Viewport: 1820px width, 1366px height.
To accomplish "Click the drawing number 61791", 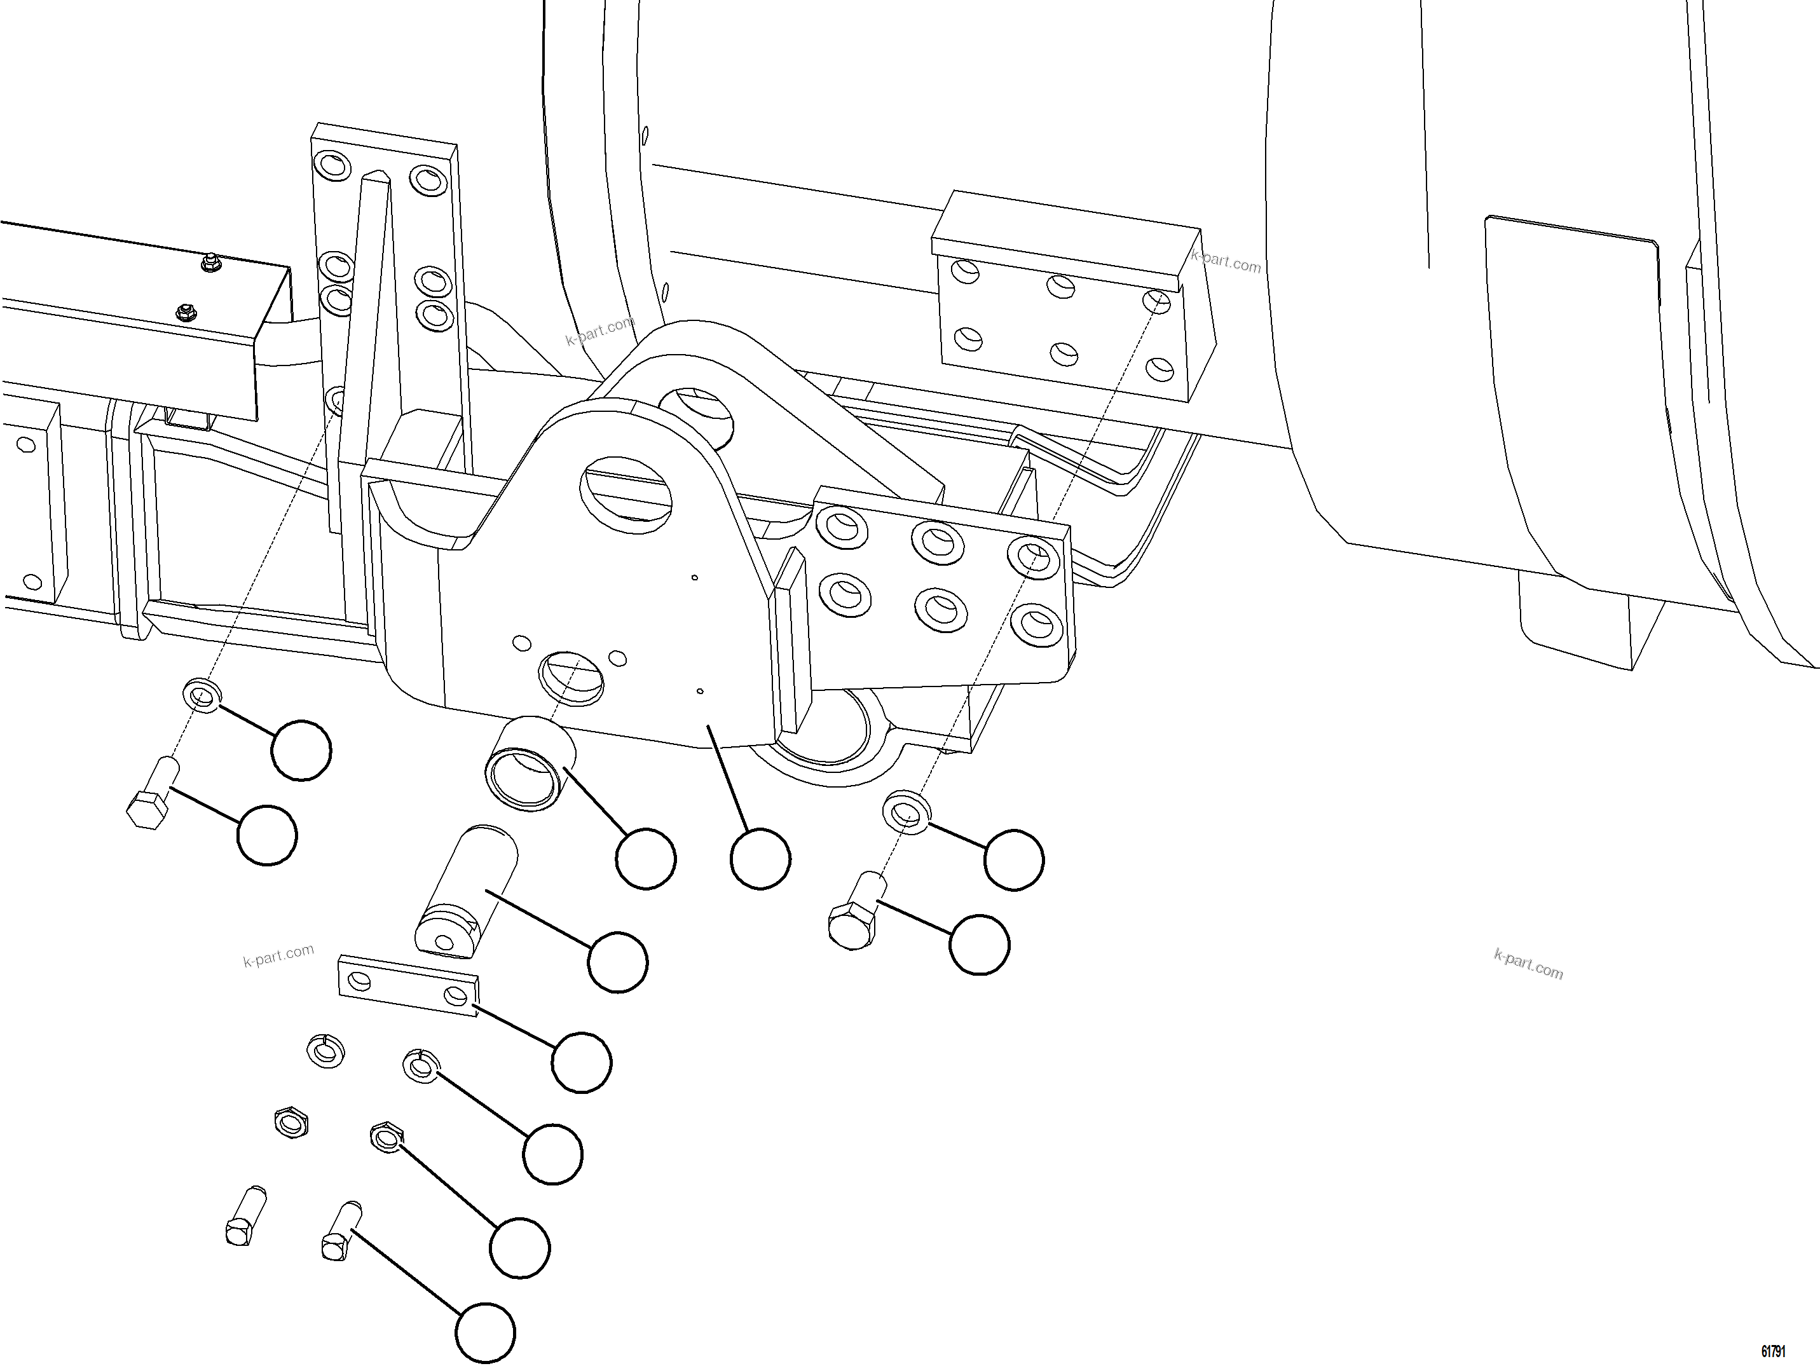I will click(x=1773, y=1351).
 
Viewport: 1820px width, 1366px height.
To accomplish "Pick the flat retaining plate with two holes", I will click(x=408, y=985).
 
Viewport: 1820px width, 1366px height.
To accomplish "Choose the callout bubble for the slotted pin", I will click(x=618, y=961).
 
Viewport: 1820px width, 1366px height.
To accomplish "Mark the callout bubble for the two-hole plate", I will click(x=582, y=1062).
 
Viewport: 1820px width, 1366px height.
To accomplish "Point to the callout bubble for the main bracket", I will click(x=760, y=859).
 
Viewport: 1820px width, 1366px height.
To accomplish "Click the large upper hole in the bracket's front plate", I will click(x=626, y=491).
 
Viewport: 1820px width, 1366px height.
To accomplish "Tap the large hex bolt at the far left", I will click(x=153, y=793).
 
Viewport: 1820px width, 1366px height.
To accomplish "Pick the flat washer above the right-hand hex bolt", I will click(x=907, y=812).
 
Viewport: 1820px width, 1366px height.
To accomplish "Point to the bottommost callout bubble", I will click(x=486, y=1333).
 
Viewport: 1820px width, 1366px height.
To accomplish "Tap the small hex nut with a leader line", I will click(x=385, y=1137).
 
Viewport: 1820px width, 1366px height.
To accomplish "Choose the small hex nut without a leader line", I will click(x=291, y=1123).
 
